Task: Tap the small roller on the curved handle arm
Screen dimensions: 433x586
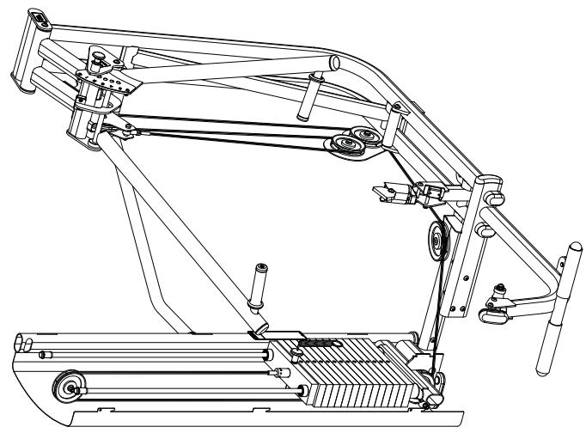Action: point(491,314)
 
